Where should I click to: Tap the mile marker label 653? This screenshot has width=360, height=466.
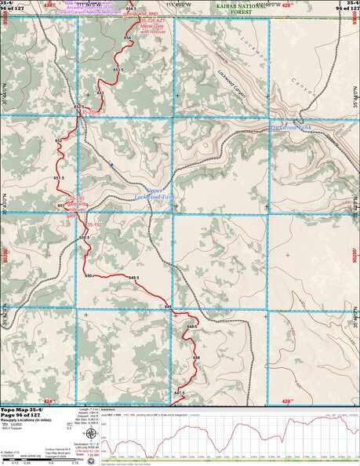(100, 93)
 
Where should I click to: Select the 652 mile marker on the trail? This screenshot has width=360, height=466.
(58, 140)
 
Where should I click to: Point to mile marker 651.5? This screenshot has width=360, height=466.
(58, 178)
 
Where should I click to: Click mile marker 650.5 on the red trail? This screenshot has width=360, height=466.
(84, 237)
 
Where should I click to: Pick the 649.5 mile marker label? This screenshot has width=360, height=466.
(133, 278)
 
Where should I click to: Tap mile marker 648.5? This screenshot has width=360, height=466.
(191, 325)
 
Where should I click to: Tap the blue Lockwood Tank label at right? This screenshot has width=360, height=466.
(292, 126)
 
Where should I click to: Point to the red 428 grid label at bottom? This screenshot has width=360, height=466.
(286, 401)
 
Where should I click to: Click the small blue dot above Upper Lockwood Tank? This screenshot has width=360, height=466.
(112, 164)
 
